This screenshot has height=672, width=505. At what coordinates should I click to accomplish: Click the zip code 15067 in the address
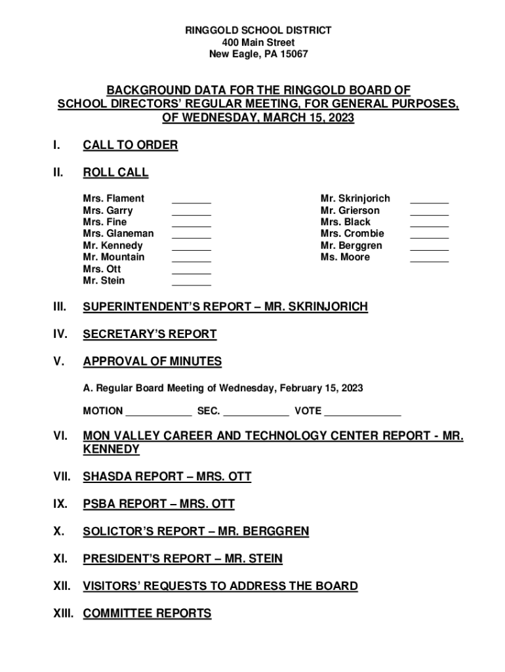293,54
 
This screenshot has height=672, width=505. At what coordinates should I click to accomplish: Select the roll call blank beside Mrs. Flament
192,199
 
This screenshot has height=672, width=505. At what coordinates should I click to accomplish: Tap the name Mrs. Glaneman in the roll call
118,234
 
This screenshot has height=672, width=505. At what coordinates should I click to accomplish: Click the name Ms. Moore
345,257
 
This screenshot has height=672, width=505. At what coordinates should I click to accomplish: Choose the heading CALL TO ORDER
130,145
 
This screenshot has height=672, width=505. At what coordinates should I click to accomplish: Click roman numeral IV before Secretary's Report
61,334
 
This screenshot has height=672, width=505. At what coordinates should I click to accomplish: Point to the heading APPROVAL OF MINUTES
152,362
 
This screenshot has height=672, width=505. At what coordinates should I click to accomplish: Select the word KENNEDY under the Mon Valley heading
111,450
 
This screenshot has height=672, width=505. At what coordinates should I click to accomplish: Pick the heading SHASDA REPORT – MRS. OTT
167,477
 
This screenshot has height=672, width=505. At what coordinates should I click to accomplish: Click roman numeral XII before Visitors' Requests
64,586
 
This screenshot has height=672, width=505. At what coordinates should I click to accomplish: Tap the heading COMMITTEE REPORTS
147,614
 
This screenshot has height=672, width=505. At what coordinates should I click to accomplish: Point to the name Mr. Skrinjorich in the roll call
355,198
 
